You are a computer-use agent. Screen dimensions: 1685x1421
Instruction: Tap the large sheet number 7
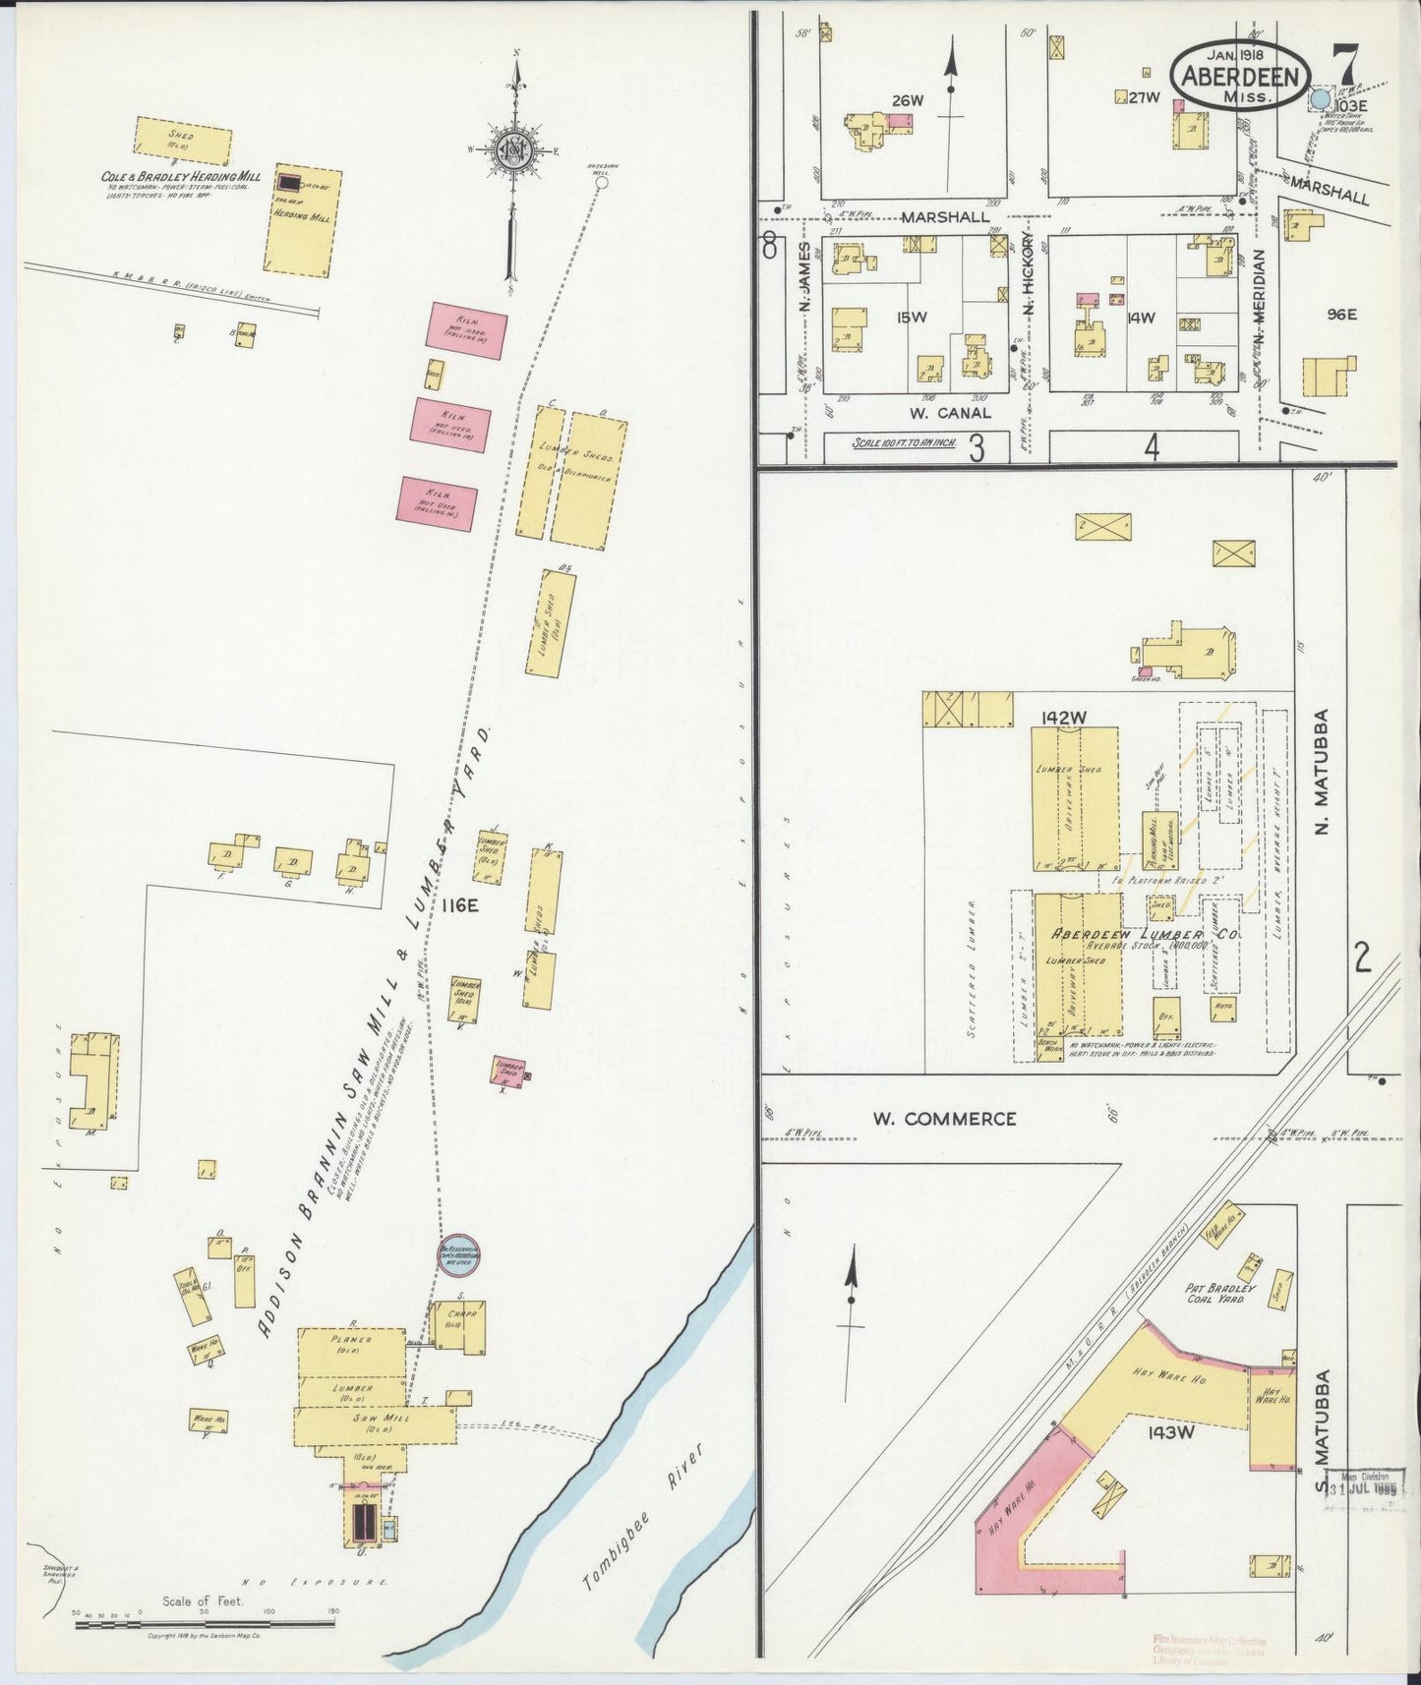tap(1343, 67)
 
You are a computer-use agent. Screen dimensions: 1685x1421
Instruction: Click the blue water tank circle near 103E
tap(1320, 99)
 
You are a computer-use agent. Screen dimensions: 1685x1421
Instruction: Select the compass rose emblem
tap(512, 150)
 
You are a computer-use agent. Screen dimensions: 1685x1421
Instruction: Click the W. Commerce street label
tap(945, 1118)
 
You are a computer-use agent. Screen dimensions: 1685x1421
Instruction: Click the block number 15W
tap(911, 317)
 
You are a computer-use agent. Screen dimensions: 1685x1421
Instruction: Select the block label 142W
tap(1066, 717)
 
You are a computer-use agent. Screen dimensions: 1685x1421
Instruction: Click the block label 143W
tap(1169, 1432)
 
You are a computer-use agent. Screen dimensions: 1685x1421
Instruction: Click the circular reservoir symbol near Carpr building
tap(459, 1255)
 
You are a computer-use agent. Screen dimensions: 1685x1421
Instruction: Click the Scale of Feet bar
tap(205, 1624)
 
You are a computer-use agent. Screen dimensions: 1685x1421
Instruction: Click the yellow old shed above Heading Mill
tap(183, 140)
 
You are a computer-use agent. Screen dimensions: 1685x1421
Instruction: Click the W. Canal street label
tap(949, 413)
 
